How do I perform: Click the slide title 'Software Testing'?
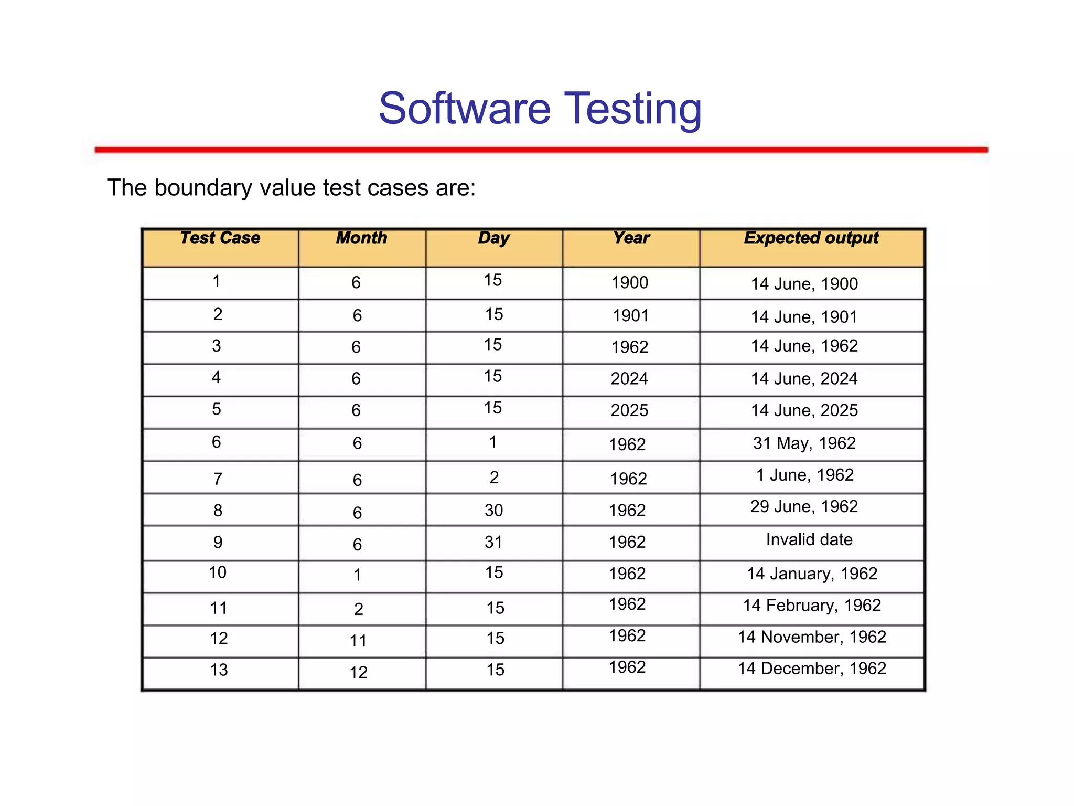[540, 109]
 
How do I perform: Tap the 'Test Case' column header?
[220, 238]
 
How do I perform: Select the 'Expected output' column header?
[811, 238]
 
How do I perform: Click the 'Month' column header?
[361, 238]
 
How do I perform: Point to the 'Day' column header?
[493, 238]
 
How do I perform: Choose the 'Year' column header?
[631, 238]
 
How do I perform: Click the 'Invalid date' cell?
[809, 540]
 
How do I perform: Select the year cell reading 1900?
[630, 283]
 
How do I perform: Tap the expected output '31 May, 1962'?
[804, 443]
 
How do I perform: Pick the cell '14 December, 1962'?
[812, 669]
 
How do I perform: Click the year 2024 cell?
[629, 379]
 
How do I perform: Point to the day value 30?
[493, 511]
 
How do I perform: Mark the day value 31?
[493, 542]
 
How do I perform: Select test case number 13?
[219, 670]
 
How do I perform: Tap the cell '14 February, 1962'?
[811, 606]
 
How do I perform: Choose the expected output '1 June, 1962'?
[804, 475]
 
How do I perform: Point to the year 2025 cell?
[629, 410]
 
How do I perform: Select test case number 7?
[218, 479]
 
